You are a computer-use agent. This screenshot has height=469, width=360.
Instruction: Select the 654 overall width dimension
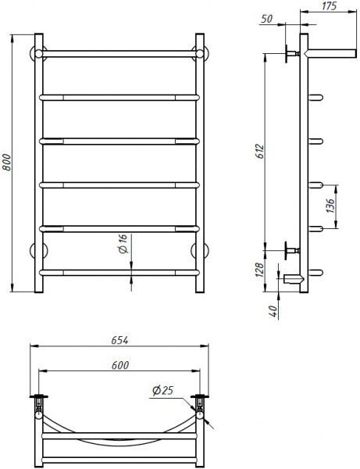point(119,340)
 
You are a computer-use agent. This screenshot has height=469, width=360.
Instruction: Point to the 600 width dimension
point(119,364)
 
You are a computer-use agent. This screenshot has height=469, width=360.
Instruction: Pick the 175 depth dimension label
point(329,7)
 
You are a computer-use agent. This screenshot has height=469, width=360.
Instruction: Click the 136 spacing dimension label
point(330,207)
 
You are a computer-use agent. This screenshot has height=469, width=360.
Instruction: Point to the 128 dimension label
point(260,268)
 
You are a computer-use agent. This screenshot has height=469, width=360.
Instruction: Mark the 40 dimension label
point(273,310)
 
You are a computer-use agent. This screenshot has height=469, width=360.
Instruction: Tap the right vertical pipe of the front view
point(200,156)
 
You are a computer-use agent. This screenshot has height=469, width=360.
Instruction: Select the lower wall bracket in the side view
point(293,250)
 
